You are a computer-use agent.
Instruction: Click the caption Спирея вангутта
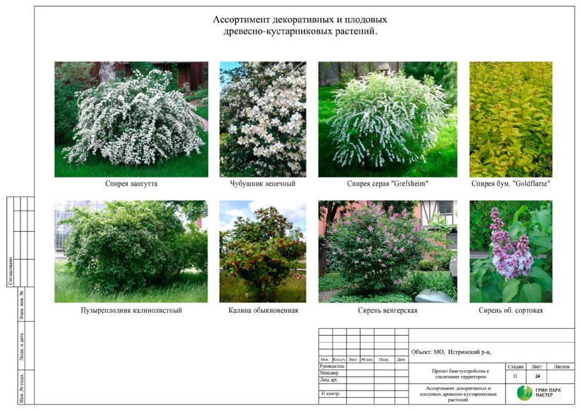click(132, 184)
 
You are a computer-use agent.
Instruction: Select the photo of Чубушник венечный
click(262, 119)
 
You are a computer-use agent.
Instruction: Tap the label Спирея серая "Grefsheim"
click(387, 184)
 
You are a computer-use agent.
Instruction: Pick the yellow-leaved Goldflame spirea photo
click(511, 119)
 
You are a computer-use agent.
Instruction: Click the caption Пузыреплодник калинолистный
click(132, 311)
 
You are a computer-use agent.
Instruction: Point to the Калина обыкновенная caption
click(263, 311)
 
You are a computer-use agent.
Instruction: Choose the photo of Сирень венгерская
click(387, 251)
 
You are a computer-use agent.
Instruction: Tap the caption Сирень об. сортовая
click(511, 311)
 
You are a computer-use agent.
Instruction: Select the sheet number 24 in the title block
click(537, 377)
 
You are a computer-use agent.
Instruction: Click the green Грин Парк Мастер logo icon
click(524, 392)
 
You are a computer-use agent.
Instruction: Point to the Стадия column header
click(516, 367)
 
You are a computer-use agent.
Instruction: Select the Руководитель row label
click(332, 366)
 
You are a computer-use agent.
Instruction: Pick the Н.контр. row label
click(330, 394)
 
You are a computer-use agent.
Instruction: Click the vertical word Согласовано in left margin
click(11, 271)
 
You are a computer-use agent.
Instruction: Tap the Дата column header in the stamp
click(401, 360)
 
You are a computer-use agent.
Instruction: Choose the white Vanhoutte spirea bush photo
click(132, 119)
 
